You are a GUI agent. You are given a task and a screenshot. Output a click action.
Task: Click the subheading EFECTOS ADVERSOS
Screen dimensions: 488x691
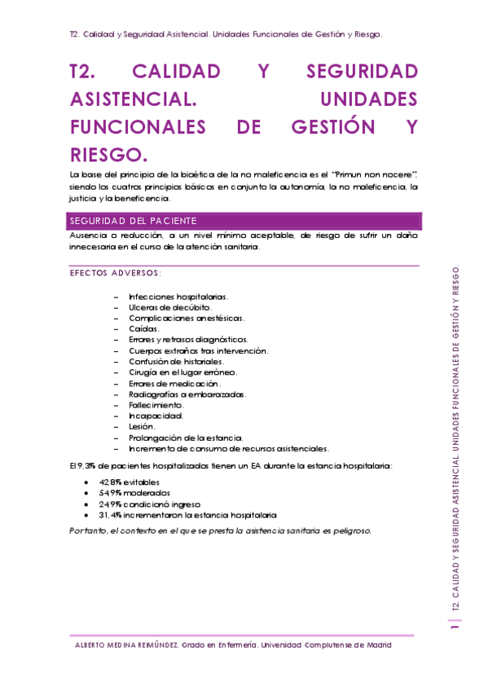click(115, 272)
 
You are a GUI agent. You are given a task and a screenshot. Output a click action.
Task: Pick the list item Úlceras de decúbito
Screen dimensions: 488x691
click(170, 307)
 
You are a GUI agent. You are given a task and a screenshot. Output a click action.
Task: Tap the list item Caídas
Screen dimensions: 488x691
click(144, 328)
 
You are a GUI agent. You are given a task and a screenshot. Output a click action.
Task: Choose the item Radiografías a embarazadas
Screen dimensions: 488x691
click(187, 394)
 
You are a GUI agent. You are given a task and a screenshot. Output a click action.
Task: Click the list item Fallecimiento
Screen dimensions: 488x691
click(156, 405)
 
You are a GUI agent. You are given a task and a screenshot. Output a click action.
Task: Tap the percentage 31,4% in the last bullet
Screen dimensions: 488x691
click(110, 515)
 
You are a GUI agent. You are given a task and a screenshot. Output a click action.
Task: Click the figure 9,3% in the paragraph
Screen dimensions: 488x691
click(86, 466)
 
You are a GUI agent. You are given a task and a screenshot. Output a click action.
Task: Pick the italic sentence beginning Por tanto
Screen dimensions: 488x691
click(220, 531)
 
